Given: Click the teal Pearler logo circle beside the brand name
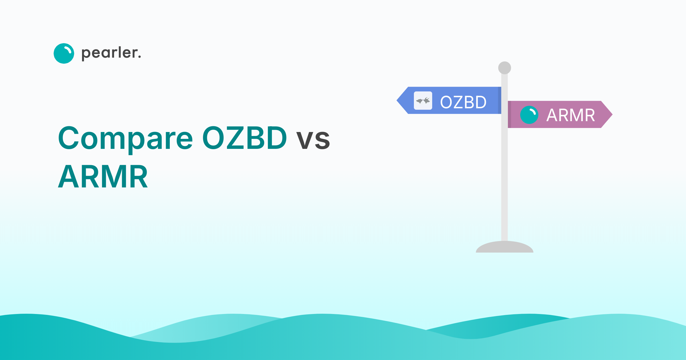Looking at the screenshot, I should click(64, 53).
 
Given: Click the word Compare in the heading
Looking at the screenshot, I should click(125, 138).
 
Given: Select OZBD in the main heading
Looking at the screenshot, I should click(244, 138).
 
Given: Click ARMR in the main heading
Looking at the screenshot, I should click(103, 177).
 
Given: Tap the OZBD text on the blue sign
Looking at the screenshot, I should click(463, 102).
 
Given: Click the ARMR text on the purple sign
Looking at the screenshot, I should click(571, 115).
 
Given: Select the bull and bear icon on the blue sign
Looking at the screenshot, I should click(423, 101).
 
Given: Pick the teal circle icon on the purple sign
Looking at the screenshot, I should click(529, 115).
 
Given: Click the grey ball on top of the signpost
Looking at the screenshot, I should click(504, 68).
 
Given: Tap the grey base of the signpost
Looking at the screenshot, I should click(504, 247).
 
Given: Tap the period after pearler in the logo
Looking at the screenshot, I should click(139, 57).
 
